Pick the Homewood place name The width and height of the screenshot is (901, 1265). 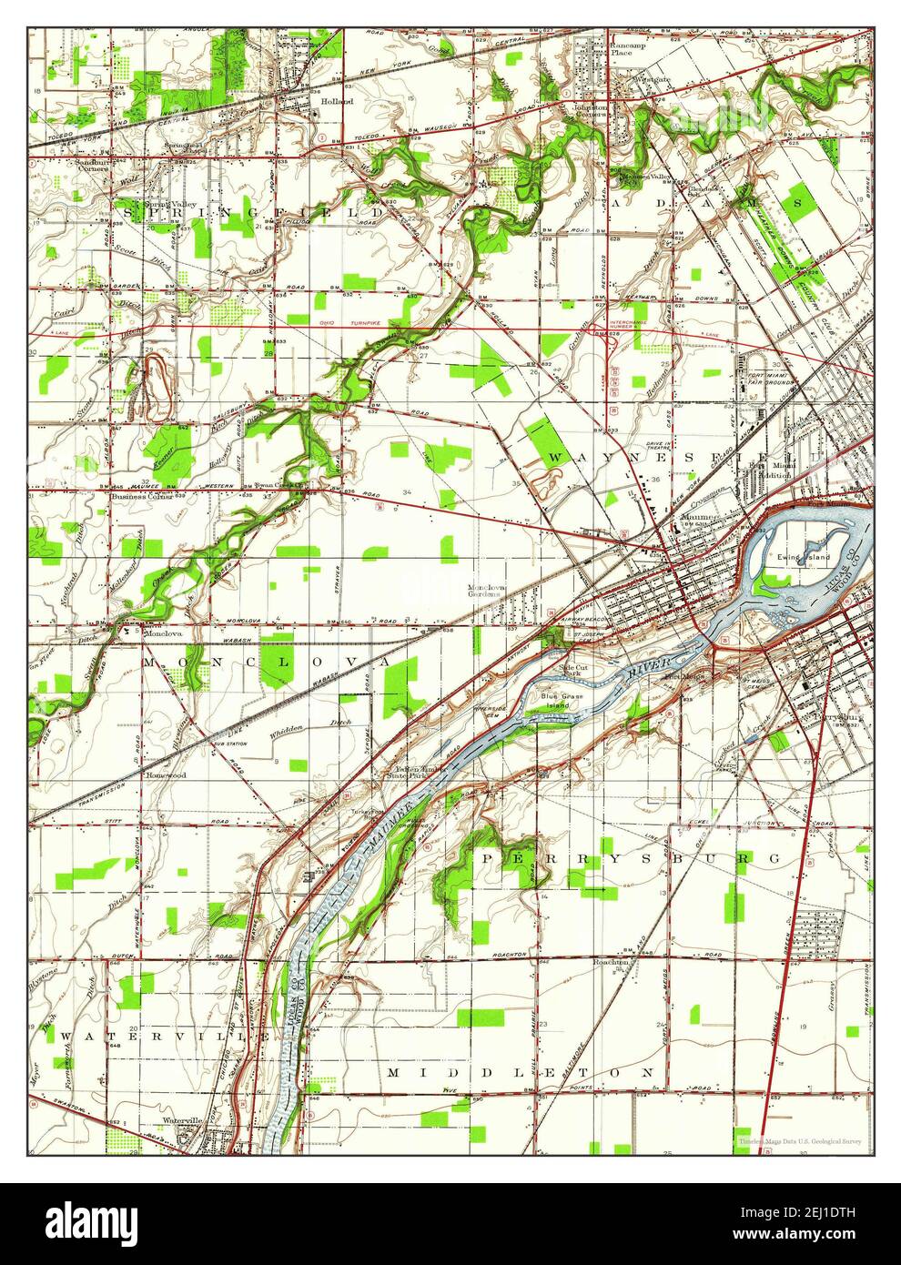pyautogui.click(x=166, y=775)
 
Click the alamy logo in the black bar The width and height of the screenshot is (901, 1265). pyautogui.click(x=91, y=1222)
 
